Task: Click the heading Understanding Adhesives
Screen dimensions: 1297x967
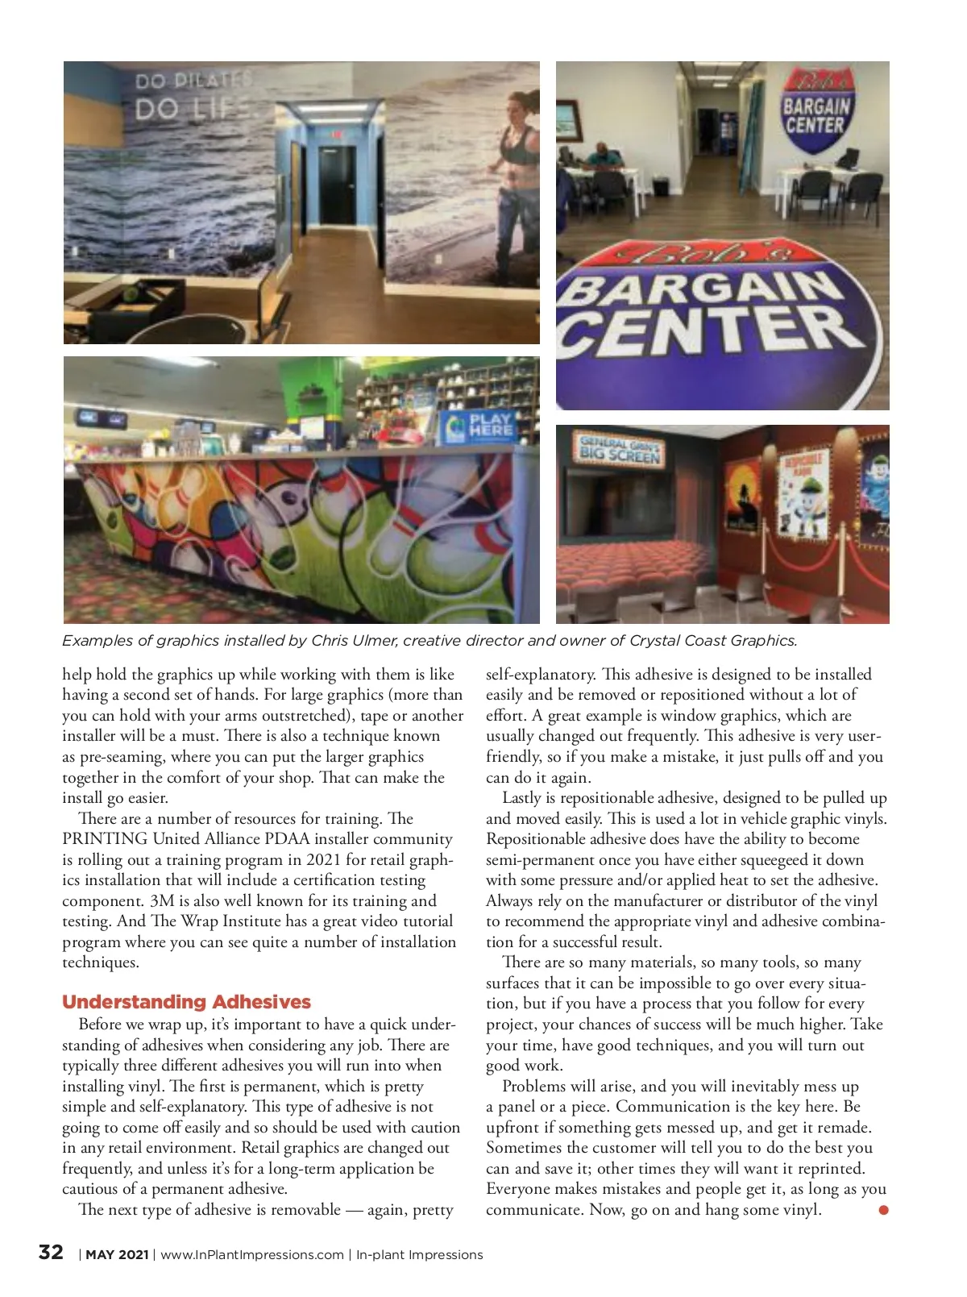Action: [x=186, y=1002]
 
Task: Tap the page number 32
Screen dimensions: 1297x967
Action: [x=51, y=1252]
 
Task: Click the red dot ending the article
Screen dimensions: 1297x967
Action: [x=883, y=1210]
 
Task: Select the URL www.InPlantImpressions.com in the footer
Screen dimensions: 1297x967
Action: [x=252, y=1255]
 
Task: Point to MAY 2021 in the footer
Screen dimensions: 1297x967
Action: [x=117, y=1255]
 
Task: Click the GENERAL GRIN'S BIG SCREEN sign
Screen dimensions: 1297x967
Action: [x=619, y=449]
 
